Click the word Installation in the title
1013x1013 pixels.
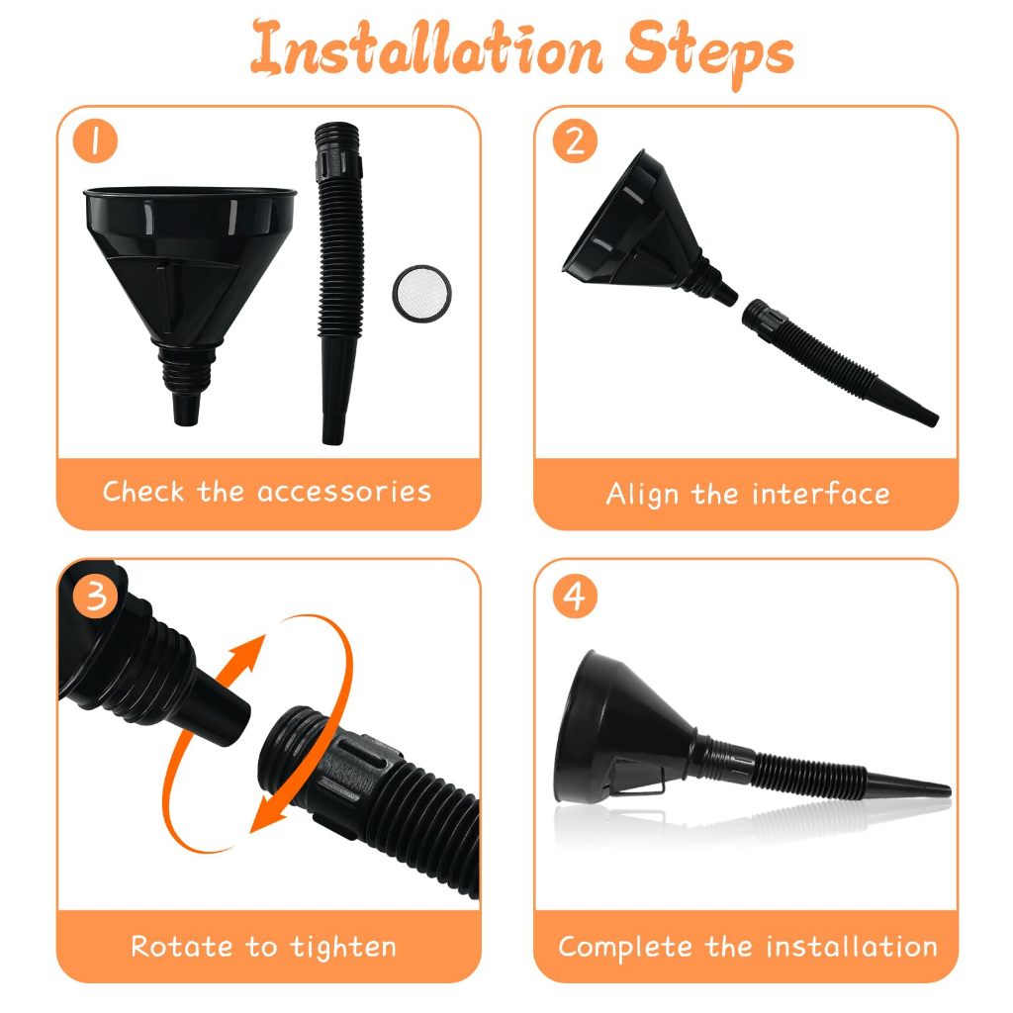[426, 49]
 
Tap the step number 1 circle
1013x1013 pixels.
[95, 140]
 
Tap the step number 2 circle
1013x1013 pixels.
[575, 140]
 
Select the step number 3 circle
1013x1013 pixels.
[95, 596]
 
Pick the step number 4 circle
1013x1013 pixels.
[575, 596]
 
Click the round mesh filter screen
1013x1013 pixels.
[422, 293]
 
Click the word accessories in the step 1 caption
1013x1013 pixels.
[343, 493]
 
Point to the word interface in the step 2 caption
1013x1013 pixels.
[820, 494]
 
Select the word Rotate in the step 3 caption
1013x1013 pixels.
[182, 947]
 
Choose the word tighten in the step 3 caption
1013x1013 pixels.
[343, 948]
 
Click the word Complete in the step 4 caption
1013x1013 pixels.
[625, 948]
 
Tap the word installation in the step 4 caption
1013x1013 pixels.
[852, 947]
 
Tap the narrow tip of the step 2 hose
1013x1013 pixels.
[932, 419]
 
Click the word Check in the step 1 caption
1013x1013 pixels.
[143, 492]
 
